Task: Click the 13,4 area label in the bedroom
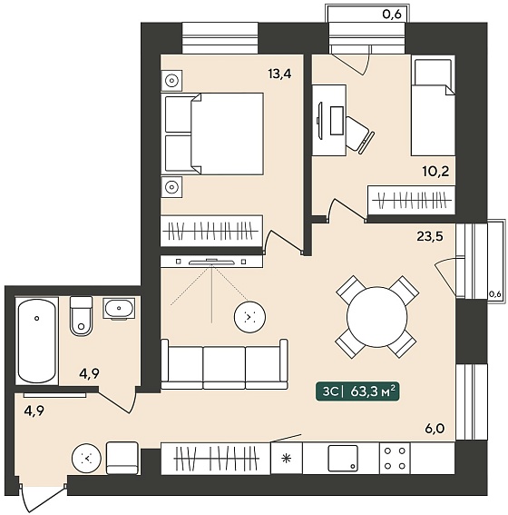tap(279, 74)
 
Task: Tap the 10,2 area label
tap(435, 172)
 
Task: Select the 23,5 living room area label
tap(430, 236)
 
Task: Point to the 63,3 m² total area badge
tap(357, 391)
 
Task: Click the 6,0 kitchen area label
tap(435, 429)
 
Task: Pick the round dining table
tap(376, 317)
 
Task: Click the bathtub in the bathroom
tap(36, 341)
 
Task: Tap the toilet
tap(81, 316)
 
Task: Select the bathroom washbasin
tap(119, 309)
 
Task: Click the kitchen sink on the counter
tap(343, 458)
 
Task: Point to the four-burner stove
tap(395, 458)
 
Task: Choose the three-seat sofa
tap(224, 364)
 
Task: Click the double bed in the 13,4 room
tap(212, 134)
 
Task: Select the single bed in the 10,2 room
tap(433, 107)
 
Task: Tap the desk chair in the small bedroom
tap(360, 134)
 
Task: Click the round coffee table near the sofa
tap(249, 317)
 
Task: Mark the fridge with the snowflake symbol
tap(287, 458)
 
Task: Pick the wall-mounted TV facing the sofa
tap(211, 262)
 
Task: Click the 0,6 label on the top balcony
tap(392, 15)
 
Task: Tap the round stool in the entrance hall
tap(86, 459)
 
